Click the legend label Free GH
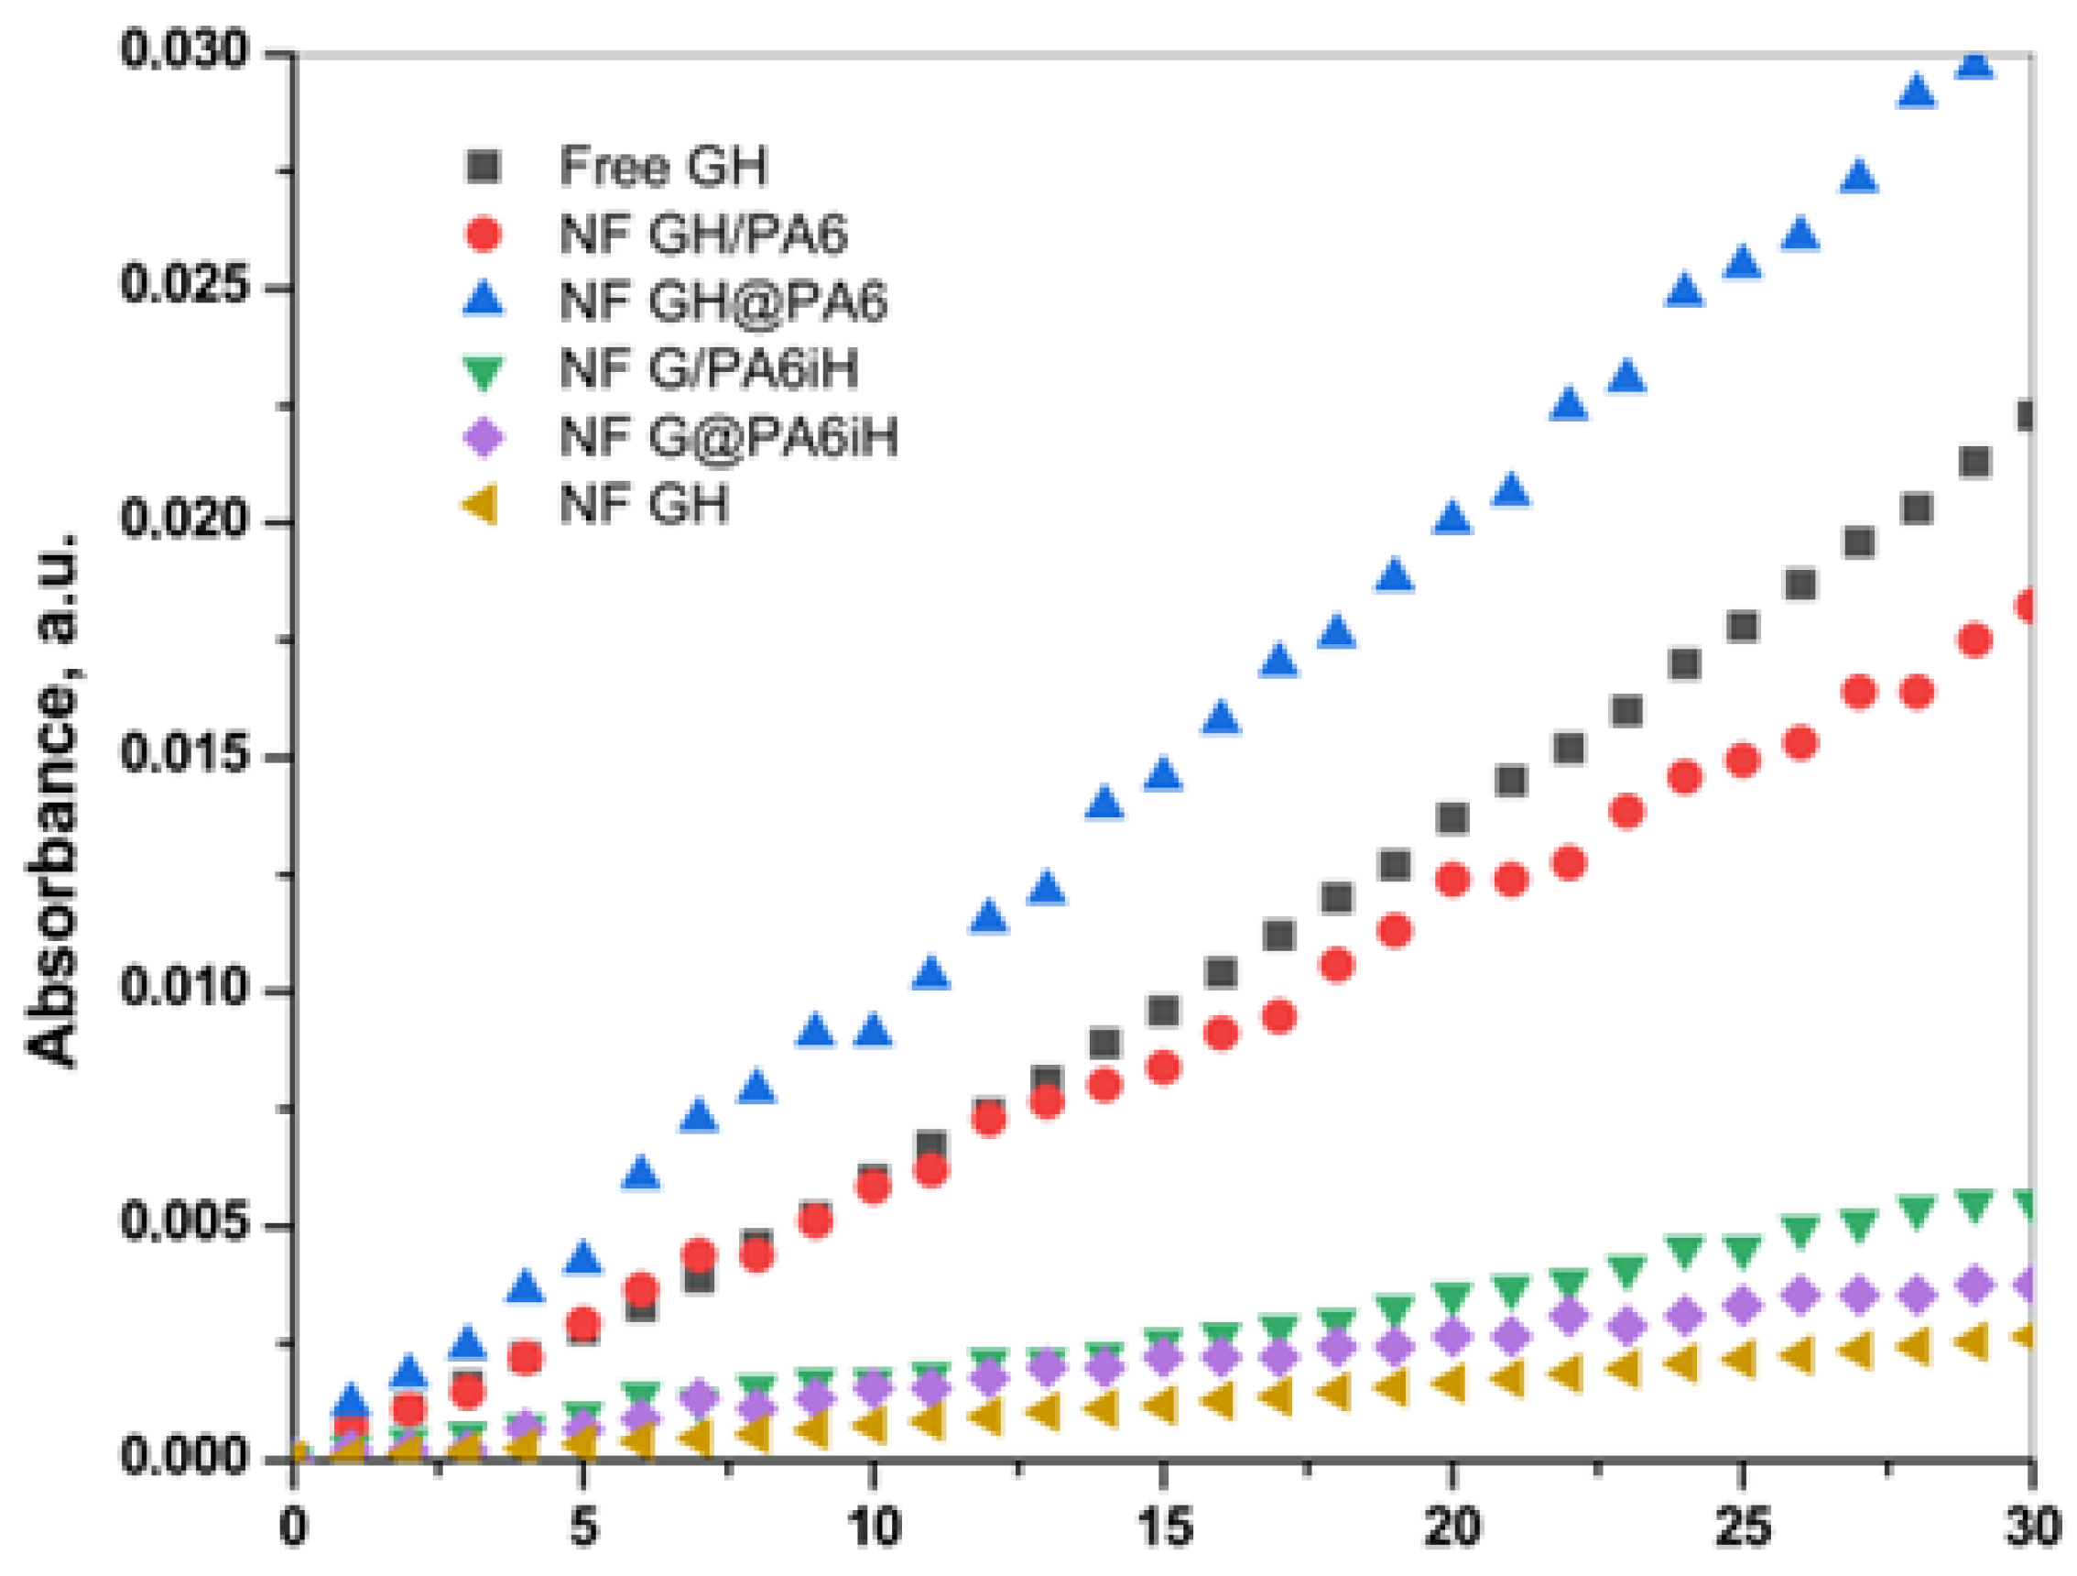point(663,166)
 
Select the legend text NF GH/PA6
point(703,234)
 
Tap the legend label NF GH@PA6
point(723,301)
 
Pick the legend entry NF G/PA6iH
point(709,368)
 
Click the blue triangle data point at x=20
point(1452,518)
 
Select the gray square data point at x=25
point(1743,627)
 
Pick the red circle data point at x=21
point(1511,880)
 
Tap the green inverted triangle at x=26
point(1800,1231)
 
